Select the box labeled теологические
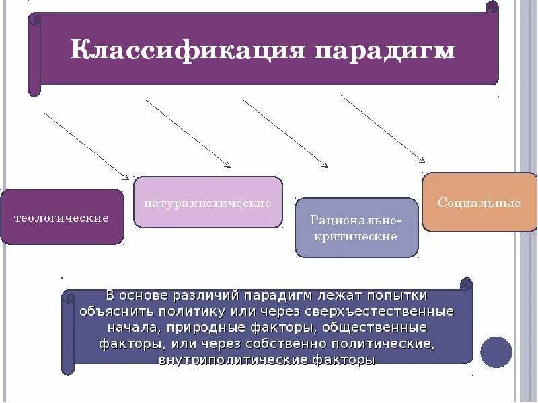click(x=62, y=218)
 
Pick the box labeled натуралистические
click(x=208, y=202)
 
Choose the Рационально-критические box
click(x=356, y=228)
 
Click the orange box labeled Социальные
click(x=479, y=202)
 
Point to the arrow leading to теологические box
click(x=86, y=146)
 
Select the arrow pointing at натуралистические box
click(x=188, y=134)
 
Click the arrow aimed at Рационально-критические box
click(x=286, y=134)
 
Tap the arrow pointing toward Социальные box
click(x=383, y=129)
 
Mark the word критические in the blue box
click(x=356, y=236)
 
